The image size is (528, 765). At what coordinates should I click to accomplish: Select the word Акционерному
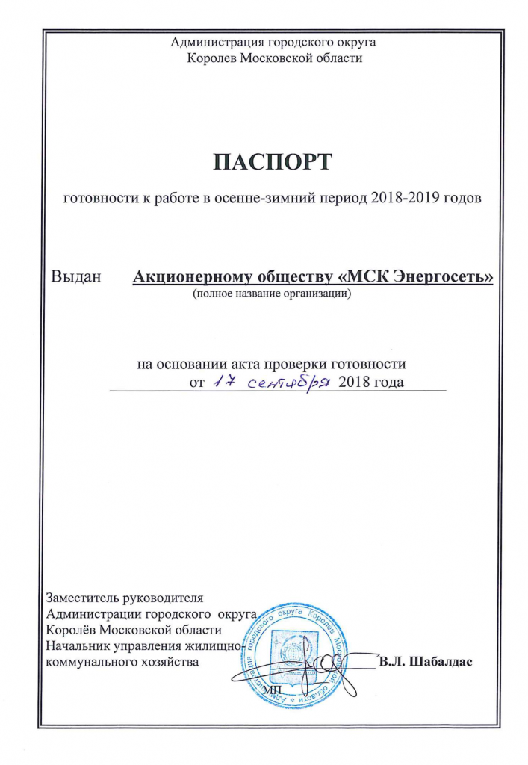click(187, 278)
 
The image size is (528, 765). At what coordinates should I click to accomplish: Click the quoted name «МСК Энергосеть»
click(417, 278)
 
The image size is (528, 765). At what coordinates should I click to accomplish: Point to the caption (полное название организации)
click(271, 294)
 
